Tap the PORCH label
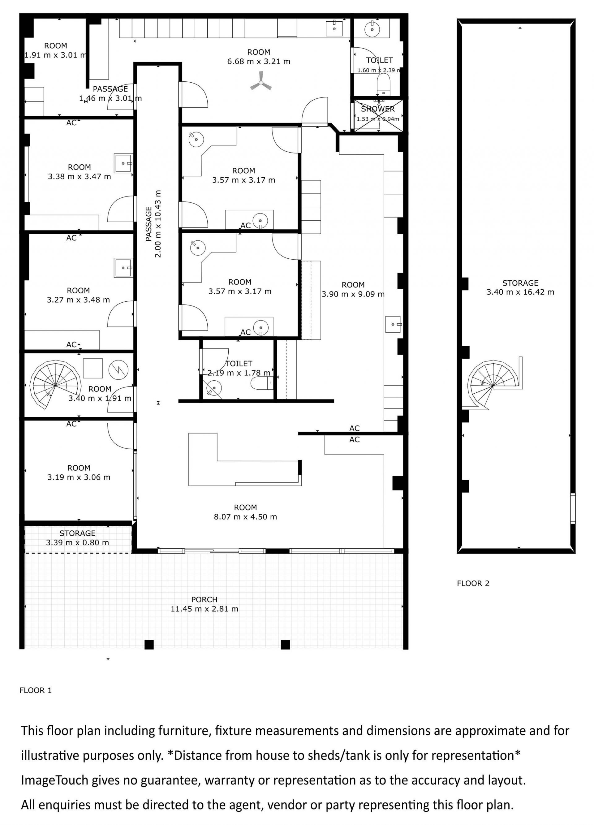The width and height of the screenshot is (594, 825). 204,599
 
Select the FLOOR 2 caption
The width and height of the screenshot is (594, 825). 473,583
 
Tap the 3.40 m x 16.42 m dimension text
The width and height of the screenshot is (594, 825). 520,292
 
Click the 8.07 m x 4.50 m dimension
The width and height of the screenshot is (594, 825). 246,516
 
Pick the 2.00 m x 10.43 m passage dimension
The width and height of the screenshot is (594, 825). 157,223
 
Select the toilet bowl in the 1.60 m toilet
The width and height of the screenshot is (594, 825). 383,84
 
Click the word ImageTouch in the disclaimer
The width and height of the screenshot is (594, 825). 54,780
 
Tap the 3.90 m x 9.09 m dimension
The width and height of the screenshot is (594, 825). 353,294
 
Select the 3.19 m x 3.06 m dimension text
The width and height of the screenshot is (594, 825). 79,477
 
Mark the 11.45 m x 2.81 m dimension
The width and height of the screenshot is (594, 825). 204,609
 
